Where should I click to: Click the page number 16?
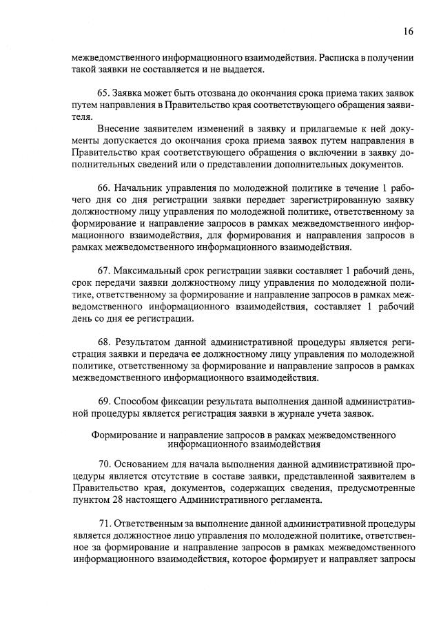[409, 32]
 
